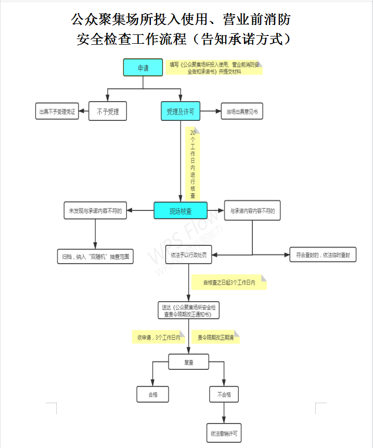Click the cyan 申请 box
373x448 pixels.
pyautogui.click(x=143, y=68)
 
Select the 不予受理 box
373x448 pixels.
pyautogui.click(x=108, y=111)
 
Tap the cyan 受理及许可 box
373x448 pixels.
pyautogui.click(x=181, y=111)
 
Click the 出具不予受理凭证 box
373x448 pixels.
pyautogui.click(x=57, y=111)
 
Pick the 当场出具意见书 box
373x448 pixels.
pyautogui.click(x=242, y=111)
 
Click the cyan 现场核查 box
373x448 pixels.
pyautogui.click(x=181, y=211)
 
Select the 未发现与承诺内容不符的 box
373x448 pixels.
pyautogui.click(x=95, y=211)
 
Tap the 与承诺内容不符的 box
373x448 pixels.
pyautogui.click(x=252, y=211)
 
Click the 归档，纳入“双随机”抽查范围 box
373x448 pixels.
pyautogui.click(x=95, y=256)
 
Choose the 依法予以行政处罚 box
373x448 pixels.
pyautogui.click(x=189, y=256)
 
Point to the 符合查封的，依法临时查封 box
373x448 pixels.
pyautogui.click(x=323, y=255)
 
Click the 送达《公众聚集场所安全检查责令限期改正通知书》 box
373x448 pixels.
pyautogui.click(x=189, y=310)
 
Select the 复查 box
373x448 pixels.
pyautogui.click(x=188, y=362)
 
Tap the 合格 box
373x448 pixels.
pyautogui.click(x=153, y=394)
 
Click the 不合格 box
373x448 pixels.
pyautogui.click(x=224, y=394)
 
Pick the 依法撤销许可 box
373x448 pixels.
pyautogui.click(x=224, y=433)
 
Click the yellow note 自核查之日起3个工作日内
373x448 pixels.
pyautogui.click(x=229, y=282)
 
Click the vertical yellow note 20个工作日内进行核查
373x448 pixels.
pyautogui.click(x=192, y=165)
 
